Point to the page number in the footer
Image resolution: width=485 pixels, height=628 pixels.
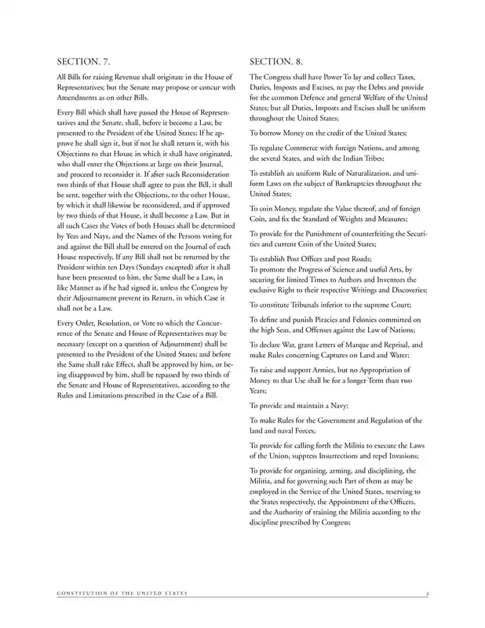425,593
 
